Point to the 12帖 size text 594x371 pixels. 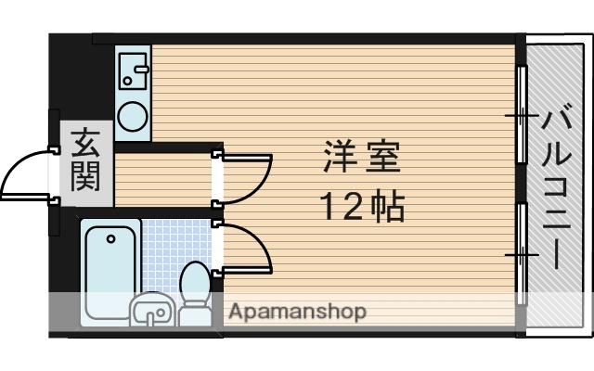pyautogui.click(x=362, y=206)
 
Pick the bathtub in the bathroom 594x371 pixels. pyautogui.click(x=110, y=269)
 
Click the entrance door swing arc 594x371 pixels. pyautogui.click(x=26, y=176)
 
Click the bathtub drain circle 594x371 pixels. pyautogui.click(x=110, y=238)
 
